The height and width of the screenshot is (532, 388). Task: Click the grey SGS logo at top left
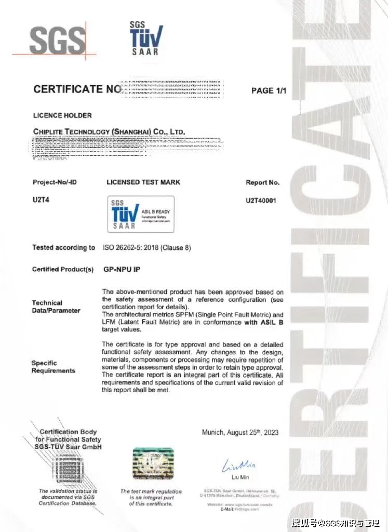coord(57,40)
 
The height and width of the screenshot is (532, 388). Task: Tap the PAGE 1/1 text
coord(269,90)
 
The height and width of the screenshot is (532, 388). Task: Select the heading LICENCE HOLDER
coord(62,115)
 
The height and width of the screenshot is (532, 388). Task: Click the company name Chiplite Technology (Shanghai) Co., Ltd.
coord(109,132)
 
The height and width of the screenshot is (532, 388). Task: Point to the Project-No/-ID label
coord(55,182)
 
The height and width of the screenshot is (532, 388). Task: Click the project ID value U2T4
coord(41,199)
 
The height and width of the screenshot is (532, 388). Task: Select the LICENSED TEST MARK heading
coord(143,182)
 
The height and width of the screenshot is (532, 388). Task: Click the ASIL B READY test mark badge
coord(140,214)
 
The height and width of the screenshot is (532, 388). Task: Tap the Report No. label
coord(262,182)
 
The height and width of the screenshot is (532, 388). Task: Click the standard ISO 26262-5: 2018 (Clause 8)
coord(148,248)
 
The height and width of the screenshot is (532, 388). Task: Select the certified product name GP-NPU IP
coord(122,269)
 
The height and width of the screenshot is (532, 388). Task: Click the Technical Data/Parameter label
coord(56,307)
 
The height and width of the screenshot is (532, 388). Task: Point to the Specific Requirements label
coord(53,367)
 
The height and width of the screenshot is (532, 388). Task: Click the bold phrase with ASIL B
coord(264,322)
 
